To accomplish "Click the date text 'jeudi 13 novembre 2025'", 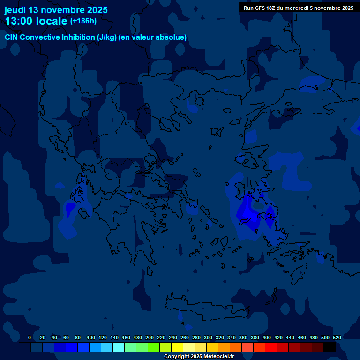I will coord(56,10).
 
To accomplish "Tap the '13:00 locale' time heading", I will coord(36,21).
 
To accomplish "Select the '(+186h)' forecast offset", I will coord(83,21).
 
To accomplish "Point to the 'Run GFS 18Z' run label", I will coord(261,7).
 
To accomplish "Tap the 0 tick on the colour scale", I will coord(30,337).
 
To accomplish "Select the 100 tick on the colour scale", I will coord(91,337).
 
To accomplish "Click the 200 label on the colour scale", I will coord(150,337).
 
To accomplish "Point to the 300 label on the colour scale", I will coord(208,337).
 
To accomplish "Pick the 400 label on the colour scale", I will coord(267,337).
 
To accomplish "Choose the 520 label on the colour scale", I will coord(337,337).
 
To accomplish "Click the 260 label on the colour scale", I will coord(185,337).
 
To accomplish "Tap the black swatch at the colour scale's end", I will coord(330,347).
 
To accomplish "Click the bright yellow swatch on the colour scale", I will coord(177,347).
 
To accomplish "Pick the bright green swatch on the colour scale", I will coord(154,347).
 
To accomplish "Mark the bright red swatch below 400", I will coord(271,347).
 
